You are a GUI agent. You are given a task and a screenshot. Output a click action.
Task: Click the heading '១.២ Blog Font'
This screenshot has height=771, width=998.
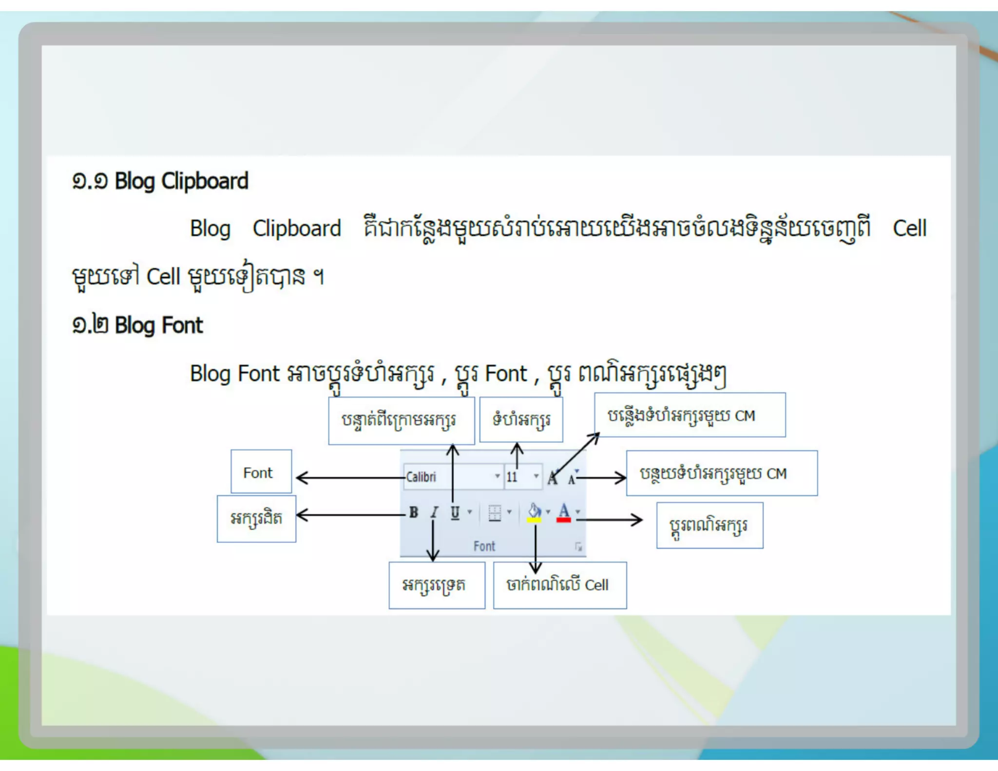(x=137, y=325)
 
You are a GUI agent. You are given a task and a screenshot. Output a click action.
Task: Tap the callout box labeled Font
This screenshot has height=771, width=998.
(x=261, y=472)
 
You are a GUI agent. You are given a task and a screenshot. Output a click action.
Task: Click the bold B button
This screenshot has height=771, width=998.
(x=413, y=512)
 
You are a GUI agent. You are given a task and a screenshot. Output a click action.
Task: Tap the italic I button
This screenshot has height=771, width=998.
(x=434, y=512)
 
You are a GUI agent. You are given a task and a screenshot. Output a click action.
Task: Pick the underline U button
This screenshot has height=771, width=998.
(x=455, y=512)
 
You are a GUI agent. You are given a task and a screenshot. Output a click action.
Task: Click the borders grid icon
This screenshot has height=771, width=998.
(x=495, y=513)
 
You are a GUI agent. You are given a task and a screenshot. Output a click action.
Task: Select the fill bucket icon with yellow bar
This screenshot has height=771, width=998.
(x=535, y=513)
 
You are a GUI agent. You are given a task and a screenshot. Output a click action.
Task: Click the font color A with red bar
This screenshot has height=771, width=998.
(x=564, y=513)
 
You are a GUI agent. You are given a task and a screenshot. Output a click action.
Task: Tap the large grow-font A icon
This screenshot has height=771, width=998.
(x=553, y=478)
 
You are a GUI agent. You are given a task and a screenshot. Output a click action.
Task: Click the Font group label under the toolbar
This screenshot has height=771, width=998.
(x=484, y=546)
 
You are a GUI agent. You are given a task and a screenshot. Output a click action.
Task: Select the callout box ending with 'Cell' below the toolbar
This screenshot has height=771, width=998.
(x=559, y=585)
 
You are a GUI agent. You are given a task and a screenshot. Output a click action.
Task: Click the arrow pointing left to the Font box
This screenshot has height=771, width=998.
(x=351, y=478)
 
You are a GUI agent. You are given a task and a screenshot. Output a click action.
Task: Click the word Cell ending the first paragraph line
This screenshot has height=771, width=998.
(x=909, y=229)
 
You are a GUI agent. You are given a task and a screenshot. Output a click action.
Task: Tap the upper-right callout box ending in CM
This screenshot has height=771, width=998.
(x=690, y=415)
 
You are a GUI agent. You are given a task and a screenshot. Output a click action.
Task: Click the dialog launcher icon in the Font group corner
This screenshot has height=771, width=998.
(x=578, y=547)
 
